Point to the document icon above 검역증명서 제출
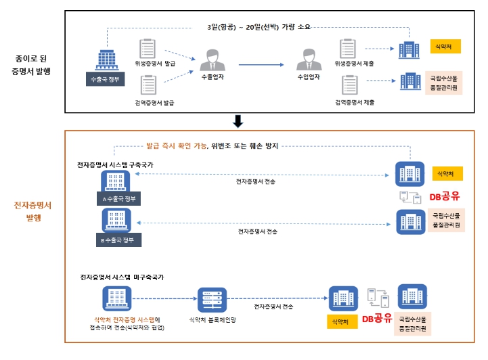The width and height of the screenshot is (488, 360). [x=350, y=85]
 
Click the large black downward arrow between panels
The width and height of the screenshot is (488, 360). [x=238, y=121]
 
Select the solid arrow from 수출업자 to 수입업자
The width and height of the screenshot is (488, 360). [x=261, y=64]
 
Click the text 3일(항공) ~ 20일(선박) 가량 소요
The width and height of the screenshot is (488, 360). [x=259, y=27]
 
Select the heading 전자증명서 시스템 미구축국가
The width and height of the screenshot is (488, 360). [x=121, y=277]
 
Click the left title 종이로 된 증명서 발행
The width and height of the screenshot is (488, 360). [x=33, y=64]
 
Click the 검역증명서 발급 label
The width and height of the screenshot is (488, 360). [x=155, y=102]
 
